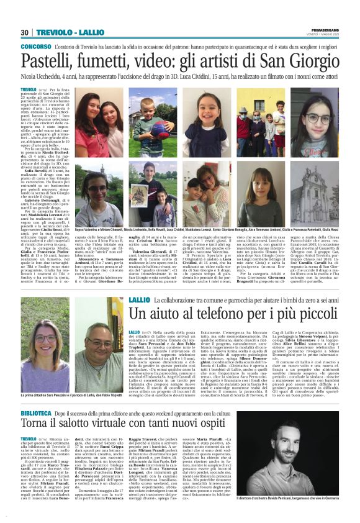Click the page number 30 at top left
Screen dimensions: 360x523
(25, 33)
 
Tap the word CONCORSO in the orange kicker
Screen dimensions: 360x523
(35, 47)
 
